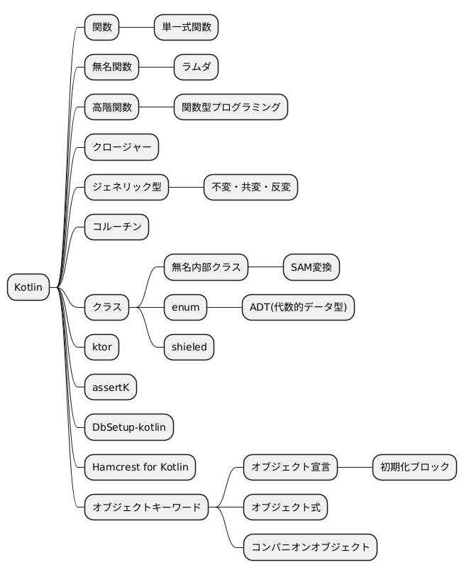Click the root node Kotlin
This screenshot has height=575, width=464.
pos(28,288)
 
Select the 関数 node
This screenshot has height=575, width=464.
pos(102,28)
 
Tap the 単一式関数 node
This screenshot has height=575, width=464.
pos(186,28)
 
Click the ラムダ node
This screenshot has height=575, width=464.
pos(196,68)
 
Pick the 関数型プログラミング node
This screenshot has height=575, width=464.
pos(231,107)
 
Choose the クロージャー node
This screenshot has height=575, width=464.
pos(121,148)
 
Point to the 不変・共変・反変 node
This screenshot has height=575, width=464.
pos(250,188)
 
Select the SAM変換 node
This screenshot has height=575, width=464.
pos(311,268)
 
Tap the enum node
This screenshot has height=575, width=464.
pos(186,308)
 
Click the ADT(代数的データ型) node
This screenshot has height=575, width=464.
pos(298,308)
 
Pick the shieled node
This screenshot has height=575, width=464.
pos(189,348)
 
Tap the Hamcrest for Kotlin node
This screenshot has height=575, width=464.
pos(140,468)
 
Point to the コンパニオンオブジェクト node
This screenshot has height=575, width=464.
pos(310,547)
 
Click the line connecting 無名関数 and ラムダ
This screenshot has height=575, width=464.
pos(157,68)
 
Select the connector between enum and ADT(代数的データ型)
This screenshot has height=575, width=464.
pos(225,308)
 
